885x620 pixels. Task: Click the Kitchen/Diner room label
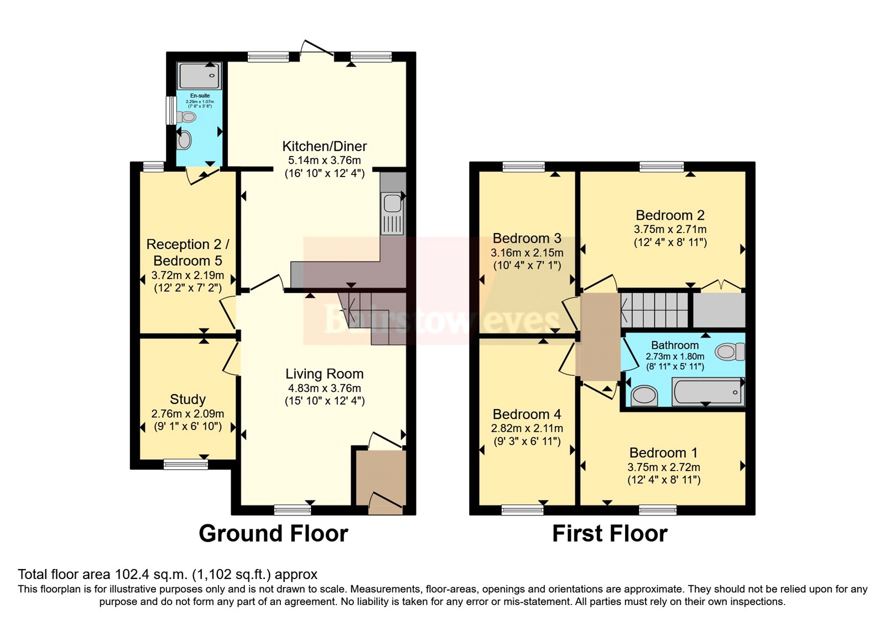point(324,146)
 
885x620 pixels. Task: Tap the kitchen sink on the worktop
point(392,203)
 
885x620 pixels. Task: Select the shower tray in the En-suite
point(200,75)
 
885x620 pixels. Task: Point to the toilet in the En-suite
point(186,117)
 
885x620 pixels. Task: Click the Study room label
point(188,399)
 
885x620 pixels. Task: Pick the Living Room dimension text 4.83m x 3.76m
point(324,388)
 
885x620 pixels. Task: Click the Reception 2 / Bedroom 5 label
point(188,252)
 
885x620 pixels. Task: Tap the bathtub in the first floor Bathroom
point(707,392)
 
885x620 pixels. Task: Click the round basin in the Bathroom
point(644,395)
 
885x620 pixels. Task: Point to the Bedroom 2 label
point(670,215)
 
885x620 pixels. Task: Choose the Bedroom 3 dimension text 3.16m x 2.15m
point(527,252)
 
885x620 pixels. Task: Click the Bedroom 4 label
point(527,414)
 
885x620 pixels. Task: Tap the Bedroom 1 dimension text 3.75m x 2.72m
point(663,467)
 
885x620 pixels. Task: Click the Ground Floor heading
point(273,534)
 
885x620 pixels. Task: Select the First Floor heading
point(610,534)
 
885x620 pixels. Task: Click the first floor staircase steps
point(655,309)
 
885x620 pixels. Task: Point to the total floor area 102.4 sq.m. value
point(148,575)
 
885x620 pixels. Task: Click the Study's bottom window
point(186,464)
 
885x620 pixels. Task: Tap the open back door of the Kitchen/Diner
point(317,48)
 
